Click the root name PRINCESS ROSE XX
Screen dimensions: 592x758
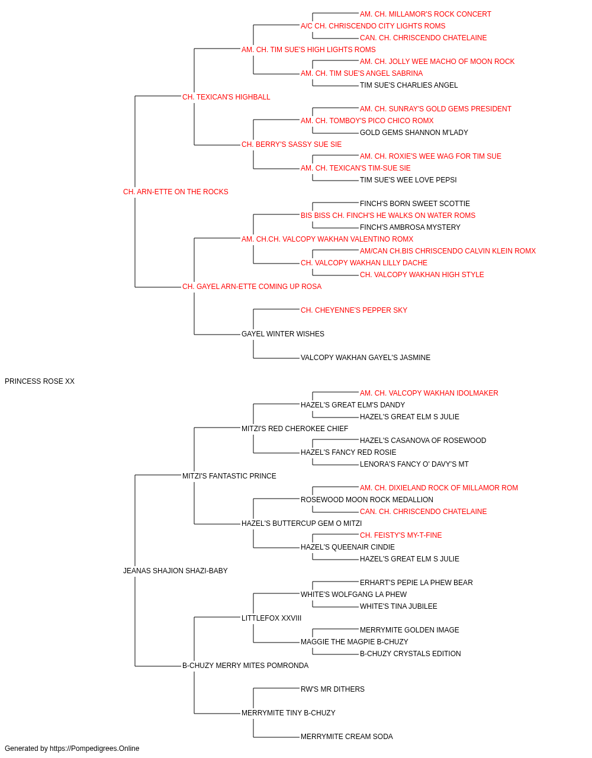[40, 381]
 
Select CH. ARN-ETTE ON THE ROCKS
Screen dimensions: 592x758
[175, 192]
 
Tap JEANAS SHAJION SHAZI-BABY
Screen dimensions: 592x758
[175, 571]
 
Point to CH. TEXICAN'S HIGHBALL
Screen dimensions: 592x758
[226, 97]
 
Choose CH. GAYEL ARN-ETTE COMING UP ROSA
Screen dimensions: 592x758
[252, 287]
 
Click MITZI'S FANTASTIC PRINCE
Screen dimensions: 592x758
[229, 476]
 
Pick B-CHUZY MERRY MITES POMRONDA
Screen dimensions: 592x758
[245, 666]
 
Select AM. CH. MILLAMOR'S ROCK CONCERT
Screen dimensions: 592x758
[425, 14]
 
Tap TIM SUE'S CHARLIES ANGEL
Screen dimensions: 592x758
[408, 85]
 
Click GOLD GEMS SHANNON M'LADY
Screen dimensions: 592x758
[414, 133]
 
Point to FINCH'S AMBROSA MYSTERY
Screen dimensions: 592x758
[410, 227]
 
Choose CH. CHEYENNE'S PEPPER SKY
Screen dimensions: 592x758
[354, 310]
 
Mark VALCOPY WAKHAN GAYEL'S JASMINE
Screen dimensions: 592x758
[365, 358]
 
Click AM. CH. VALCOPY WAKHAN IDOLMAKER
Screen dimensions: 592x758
[429, 393]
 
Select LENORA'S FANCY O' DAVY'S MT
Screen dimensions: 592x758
[414, 464]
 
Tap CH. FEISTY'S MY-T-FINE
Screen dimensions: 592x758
[401, 535]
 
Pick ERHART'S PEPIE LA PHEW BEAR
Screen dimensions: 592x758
[416, 583]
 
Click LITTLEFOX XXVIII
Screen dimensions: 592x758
[271, 618]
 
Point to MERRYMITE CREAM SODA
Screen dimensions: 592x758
[346, 736]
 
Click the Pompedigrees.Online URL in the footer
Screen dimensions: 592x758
[94, 749]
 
